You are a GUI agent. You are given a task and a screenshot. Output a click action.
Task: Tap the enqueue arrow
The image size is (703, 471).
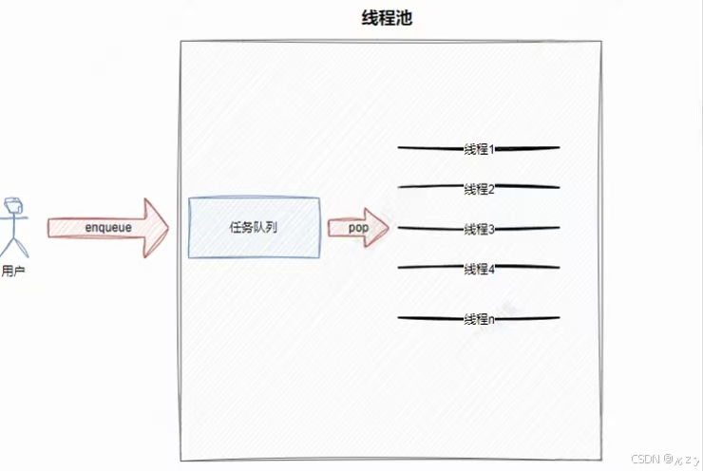[x=107, y=228]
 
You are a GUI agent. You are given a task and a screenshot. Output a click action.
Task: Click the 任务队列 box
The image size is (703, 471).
[x=254, y=228]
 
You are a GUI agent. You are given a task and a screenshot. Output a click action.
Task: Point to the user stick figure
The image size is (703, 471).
[x=14, y=228]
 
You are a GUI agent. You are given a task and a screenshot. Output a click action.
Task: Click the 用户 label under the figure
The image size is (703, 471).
[x=13, y=272]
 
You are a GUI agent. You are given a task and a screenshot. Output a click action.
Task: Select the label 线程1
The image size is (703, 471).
[x=479, y=149]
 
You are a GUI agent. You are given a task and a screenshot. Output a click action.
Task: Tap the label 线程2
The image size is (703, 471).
[x=479, y=188]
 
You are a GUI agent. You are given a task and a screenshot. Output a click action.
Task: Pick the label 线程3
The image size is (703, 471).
[x=479, y=229]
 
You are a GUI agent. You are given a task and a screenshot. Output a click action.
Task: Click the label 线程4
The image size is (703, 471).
[x=479, y=269]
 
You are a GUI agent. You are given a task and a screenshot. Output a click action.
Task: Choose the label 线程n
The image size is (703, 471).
[x=479, y=319]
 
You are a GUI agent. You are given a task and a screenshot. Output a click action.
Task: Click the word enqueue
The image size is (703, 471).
[x=108, y=228]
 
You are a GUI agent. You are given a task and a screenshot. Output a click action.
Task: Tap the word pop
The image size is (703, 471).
[x=357, y=228]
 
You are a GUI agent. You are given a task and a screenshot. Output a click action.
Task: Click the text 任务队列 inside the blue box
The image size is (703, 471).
[x=254, y=228]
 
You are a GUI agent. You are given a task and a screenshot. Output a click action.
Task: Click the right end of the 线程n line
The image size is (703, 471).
[x=558, y=318]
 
